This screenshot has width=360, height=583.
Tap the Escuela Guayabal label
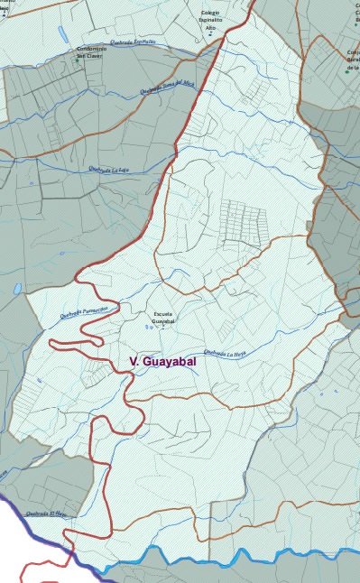[163, 318]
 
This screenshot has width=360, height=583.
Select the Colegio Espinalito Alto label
[211, 20]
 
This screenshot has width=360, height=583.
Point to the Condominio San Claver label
[91, 51]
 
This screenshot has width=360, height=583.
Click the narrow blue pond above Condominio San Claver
[62, 32]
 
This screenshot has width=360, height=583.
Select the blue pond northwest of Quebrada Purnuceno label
[18, 290]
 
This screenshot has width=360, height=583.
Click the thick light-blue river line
[226, 562]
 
